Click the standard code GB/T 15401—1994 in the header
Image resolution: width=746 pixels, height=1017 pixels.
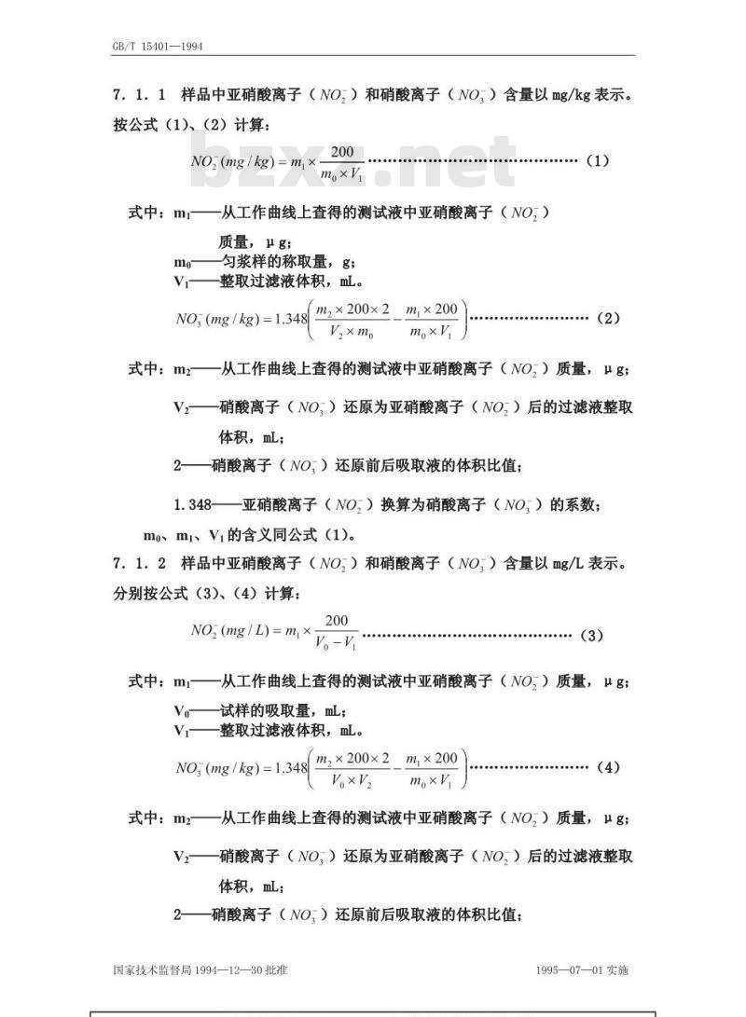tap(158, 46)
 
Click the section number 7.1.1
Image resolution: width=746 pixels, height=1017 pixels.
tap(139, 95)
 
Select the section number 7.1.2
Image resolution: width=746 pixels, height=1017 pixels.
tap(139, 563)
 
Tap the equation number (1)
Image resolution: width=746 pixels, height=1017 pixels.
tap(597, 160)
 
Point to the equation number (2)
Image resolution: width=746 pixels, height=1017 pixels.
tap(608, 318)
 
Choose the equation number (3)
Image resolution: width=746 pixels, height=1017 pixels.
tap(591, 635)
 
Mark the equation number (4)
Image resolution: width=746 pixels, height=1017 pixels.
tap(608, 767)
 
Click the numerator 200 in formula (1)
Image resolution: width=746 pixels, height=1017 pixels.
tap(342, 152)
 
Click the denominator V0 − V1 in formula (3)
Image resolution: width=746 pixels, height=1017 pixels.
tap(336, 643)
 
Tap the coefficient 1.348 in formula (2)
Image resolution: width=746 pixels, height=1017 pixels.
tap(291, 319)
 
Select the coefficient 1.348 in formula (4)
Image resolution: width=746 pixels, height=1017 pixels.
tap(291, 768)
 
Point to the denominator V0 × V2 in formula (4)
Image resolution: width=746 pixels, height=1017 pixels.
tap(352, 780)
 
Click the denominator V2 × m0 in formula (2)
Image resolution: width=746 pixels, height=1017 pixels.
tap(352, 332)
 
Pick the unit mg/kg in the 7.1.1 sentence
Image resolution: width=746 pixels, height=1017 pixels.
tap(571, 95)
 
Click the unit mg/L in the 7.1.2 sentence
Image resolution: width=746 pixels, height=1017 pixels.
tap(568, 564)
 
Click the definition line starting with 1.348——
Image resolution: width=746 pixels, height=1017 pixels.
tap(387, 504)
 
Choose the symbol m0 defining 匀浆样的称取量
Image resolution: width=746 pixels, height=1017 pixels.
tap(182, 263)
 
